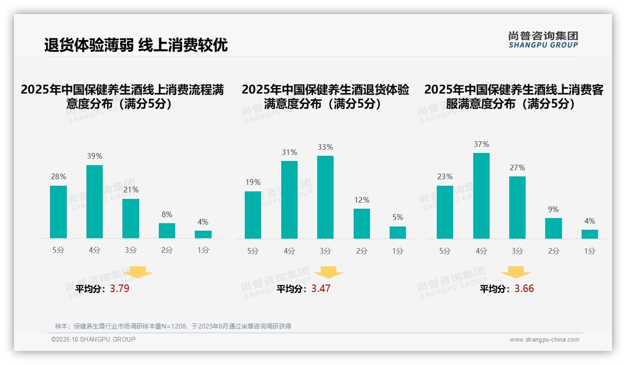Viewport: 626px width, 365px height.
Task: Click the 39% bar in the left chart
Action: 94,202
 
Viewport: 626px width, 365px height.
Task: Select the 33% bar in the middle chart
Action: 325,197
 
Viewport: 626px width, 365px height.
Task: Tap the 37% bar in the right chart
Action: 481,196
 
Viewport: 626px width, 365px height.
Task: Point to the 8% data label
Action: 167,215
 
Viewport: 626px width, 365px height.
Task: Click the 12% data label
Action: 362,200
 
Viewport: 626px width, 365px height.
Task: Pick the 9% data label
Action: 553,210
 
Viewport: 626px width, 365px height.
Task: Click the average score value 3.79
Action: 120,289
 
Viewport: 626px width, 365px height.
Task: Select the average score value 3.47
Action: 321,289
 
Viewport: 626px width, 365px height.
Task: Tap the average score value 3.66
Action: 524,289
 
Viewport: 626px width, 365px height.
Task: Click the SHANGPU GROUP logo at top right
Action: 543,40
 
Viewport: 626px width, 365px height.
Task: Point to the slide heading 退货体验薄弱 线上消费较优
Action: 136,45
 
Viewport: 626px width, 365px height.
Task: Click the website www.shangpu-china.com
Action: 544,340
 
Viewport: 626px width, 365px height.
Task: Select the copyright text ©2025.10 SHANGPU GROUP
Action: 93,339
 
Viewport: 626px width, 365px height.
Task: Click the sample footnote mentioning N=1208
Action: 173,326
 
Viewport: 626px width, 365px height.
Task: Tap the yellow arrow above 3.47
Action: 328,272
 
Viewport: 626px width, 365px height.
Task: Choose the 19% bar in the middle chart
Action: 253,215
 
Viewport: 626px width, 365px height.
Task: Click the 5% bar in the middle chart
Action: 398,233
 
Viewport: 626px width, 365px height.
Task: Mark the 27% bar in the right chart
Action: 517,207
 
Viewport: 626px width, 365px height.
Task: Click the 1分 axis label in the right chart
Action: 590,251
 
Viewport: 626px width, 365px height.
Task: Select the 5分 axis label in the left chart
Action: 58,250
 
